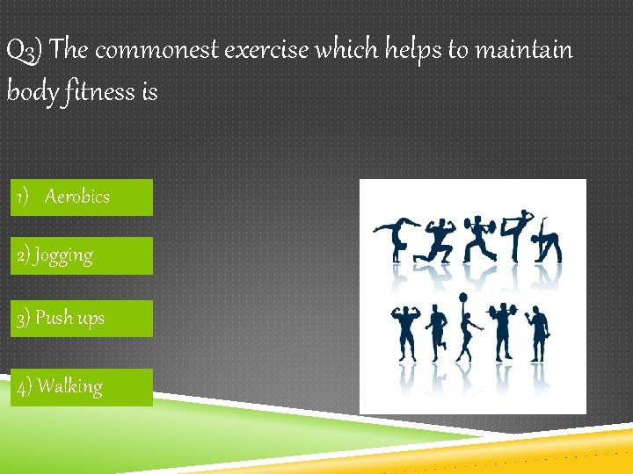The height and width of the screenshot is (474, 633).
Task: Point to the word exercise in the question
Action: pyautogui.click(x=266, y=51)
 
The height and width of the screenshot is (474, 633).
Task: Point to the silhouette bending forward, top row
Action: pyautogui.click(x=550, y=241)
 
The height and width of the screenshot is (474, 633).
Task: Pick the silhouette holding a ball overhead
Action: pyautogui.click(x=467, y=334)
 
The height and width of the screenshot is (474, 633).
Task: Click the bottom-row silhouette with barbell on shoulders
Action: pyautogui.click(x=502, y=329)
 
